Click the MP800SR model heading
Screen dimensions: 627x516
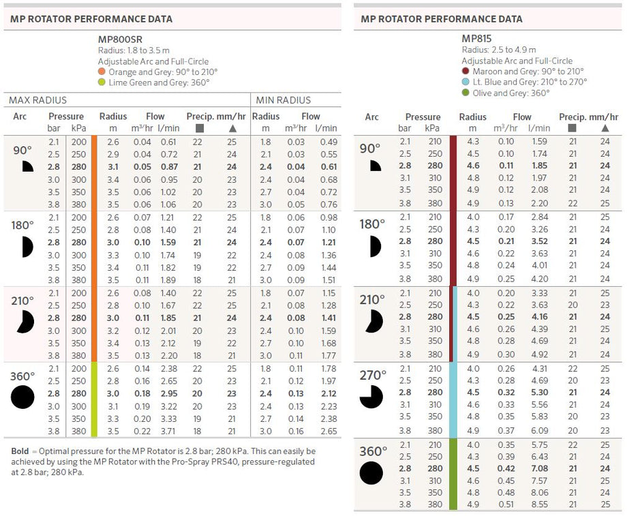click(x=120, y=40)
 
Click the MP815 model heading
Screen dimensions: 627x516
click(x=476, y=38)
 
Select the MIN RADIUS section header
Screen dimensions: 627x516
click(x=283, y=100)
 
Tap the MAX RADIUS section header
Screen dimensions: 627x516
click(x=37, y=100)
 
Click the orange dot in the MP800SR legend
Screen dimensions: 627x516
click(x=102, y=72)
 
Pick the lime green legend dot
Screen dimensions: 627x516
click(x=102, y=82)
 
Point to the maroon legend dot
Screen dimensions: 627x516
click(x=465, y=71)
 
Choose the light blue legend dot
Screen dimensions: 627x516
click(x=465, y=82)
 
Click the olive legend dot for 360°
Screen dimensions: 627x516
click(x=465, y=93)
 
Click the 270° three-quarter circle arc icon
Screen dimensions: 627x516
click(x=371, y=397)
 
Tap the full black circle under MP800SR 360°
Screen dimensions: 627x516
click(x=22, y=397)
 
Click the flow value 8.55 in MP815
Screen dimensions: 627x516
click(x=540, y=504)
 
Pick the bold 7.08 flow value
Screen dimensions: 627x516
click(x=540, y=468)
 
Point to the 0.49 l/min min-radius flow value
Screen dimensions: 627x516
click(x=328, y=142)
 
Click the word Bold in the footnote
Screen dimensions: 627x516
click(x=20, y=451)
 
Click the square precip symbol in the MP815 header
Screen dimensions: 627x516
click(x=572, y=128)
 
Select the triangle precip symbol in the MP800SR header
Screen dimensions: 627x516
click(x=232, y=128)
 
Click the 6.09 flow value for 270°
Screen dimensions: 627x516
click(x=540, y=430)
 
